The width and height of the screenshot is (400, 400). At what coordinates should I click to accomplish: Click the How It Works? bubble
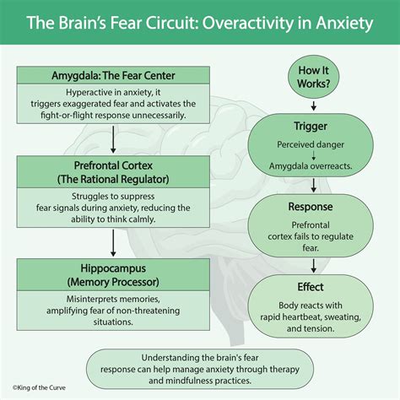tap(315, 75)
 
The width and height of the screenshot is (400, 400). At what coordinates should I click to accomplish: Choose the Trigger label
tap(315, 125)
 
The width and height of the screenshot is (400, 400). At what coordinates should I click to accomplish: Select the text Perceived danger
tap(315, 144)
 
